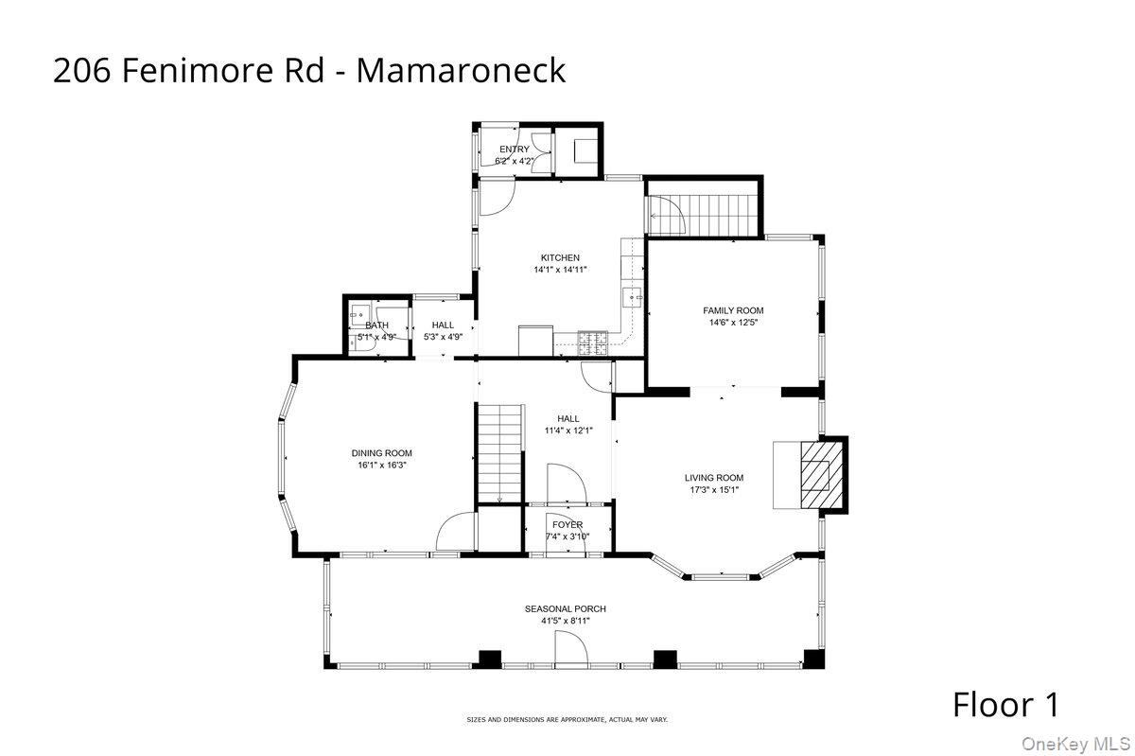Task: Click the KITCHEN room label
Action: point(560,257)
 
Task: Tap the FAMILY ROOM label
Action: point(733,310)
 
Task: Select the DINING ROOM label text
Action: point(382,453)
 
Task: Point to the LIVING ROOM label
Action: point(714,478)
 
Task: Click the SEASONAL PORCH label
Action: point(566,608)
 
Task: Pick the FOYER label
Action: point(567,524)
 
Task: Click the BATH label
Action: point(376,325)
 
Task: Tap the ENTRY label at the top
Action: point(515,149)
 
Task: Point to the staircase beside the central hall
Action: point(498,452)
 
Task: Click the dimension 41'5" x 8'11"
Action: point(566,622)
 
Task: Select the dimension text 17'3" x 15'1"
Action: point(714,490)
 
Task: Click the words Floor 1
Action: point(1005,704)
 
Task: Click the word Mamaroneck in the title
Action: point(461,70)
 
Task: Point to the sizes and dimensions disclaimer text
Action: point(567,720)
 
